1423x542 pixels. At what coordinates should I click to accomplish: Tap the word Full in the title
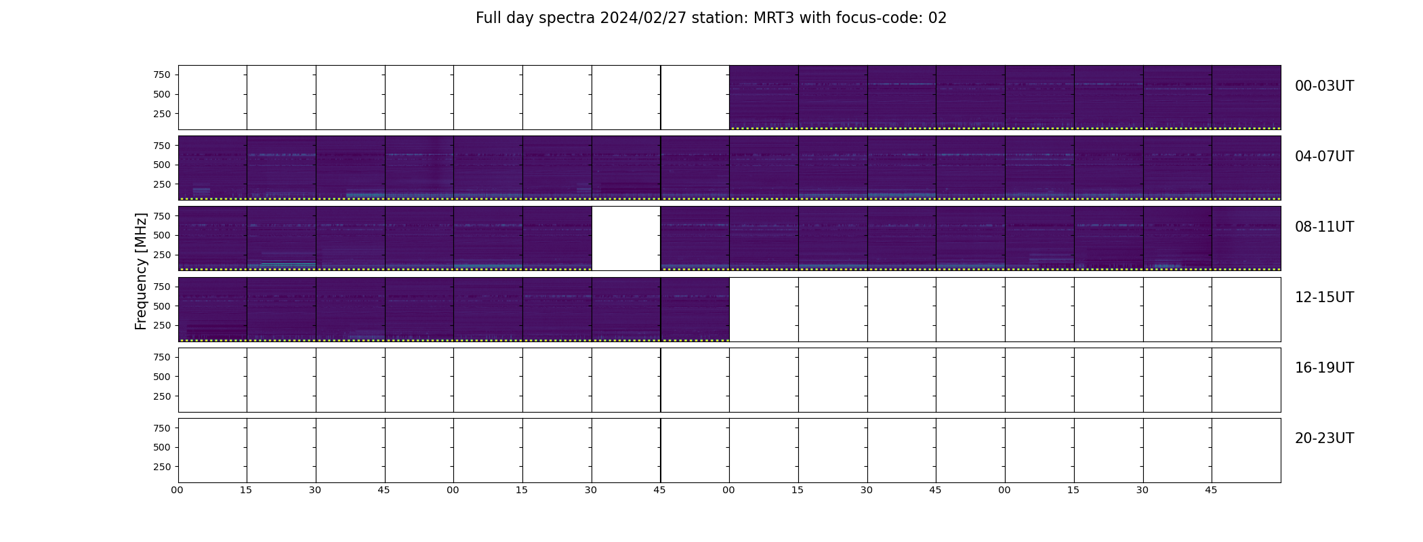tap(488, 18)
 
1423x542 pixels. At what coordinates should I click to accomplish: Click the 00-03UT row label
tap(1324, 86)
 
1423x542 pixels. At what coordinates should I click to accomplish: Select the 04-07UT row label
tap(1324, 157)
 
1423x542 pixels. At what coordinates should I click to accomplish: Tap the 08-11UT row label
tap(1324, 227)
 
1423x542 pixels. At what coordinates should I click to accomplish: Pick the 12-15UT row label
tap(1324, 297)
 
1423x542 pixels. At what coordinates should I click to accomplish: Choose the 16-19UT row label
tap(1324, 368)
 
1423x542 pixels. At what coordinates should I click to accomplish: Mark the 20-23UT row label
tap(1324, 438)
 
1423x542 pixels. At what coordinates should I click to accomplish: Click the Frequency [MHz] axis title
tap(141, 272)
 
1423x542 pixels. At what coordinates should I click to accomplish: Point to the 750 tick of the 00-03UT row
tap(162, 75)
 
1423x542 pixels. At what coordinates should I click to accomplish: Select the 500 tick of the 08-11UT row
tap(162, 235)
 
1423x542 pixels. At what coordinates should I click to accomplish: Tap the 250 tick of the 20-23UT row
tap(162, 467)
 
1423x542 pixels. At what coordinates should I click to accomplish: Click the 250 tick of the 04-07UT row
tap(162, 184)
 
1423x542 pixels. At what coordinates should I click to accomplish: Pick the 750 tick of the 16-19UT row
tap(162, 357)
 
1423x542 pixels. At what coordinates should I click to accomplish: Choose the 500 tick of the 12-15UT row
tap(162, 306)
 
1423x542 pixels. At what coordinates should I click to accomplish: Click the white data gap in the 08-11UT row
tap(626, 238)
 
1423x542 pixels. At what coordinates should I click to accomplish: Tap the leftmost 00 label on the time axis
tap(177, 490)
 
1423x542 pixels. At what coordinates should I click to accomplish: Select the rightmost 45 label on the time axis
tap(1211, 490)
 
